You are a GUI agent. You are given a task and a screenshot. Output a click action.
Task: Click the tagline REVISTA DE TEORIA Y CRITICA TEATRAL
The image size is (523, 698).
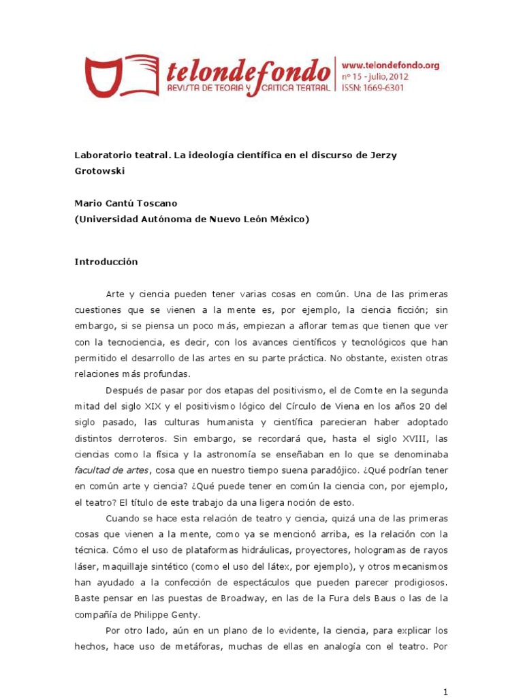[x=249, y=88]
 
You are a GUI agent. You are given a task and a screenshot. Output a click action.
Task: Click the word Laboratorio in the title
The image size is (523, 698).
[x=101, y=155]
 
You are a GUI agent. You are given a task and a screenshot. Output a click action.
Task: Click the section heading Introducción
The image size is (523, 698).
[x=106, y=262]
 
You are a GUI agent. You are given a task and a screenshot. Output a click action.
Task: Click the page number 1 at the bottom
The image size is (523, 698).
[x=445, y=692]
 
